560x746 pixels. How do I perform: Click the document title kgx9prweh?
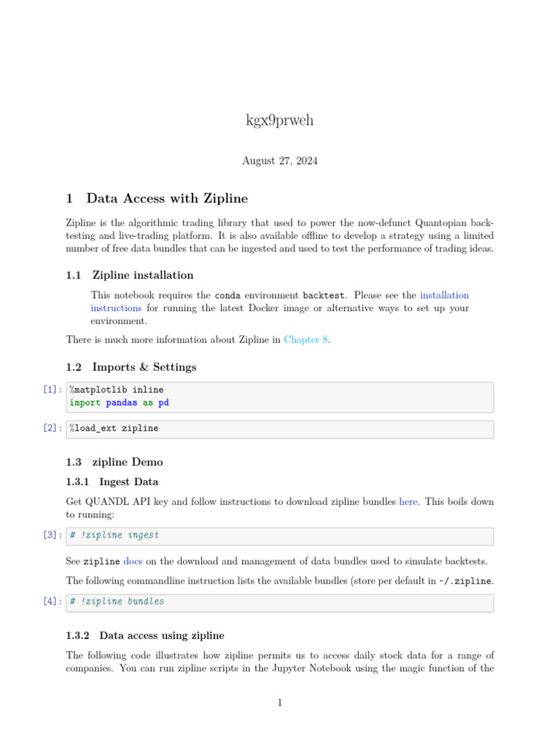click(x=280, y=120)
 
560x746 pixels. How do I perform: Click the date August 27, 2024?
click(x=280, y=160)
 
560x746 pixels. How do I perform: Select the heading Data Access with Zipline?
click(x=167, y=198)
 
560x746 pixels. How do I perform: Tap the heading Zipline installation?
click(x=142, y=275)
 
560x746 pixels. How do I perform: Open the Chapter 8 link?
click(x=306, y=339)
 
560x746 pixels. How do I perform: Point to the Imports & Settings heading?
click(x=144, y=366)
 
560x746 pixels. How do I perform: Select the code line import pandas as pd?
click(x=119, y=402)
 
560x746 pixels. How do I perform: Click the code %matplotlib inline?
click(x=117, y=390)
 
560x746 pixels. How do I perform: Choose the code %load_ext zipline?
click(x=114, y=428)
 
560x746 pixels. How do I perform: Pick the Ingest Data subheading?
click(x=128, y=482)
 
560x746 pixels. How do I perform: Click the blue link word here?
click(x=408, y=502)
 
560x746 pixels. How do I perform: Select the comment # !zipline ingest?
click(x=114, y=535)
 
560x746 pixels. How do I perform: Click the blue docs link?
click(x=133, y=561)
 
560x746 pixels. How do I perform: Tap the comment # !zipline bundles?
click(x=117, y=602)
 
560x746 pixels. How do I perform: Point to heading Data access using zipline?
click(x=161, y=635)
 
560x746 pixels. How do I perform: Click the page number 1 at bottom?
click(x=280, y=702)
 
